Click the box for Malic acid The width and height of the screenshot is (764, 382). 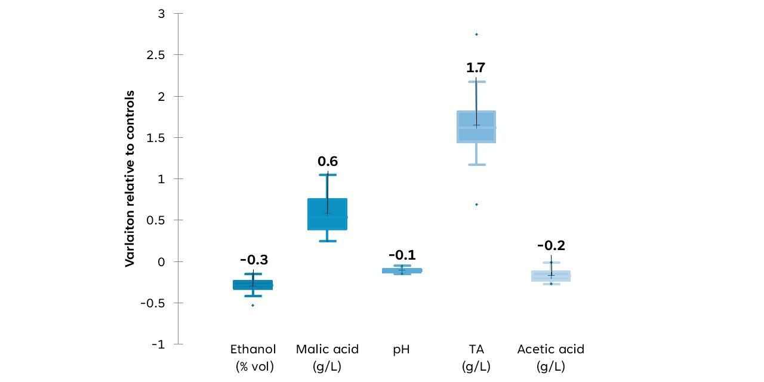328,214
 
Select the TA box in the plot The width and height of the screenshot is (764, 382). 476,127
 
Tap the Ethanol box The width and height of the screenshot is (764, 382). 252,285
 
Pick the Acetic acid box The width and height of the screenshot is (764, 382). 551,276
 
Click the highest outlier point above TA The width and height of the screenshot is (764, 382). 476,35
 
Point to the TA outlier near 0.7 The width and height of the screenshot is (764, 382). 476,204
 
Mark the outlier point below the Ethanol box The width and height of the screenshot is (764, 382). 252,305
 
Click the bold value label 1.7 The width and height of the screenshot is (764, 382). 476,67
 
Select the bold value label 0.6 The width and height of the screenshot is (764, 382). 328,161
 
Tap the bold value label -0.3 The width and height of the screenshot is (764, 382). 254,260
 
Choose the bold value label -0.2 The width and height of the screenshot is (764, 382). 551,245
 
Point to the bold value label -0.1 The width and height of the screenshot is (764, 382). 402,255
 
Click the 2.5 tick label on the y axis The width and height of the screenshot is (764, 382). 156,55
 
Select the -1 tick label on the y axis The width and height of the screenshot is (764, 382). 158,344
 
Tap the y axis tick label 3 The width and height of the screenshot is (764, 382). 161,14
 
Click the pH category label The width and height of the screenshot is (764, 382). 402,350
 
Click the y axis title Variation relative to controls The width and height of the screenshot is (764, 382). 130,178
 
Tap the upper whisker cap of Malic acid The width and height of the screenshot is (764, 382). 328,175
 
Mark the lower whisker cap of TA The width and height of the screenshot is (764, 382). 476,165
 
